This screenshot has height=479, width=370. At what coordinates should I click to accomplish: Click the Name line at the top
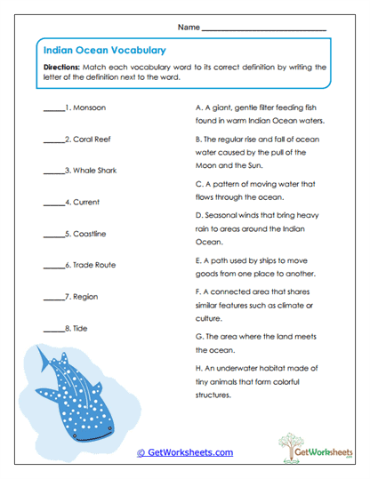tap(264, 28)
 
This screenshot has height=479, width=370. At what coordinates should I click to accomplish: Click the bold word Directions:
tap(62, 67)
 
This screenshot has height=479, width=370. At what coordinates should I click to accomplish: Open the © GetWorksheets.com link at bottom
tap(185, 452)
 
